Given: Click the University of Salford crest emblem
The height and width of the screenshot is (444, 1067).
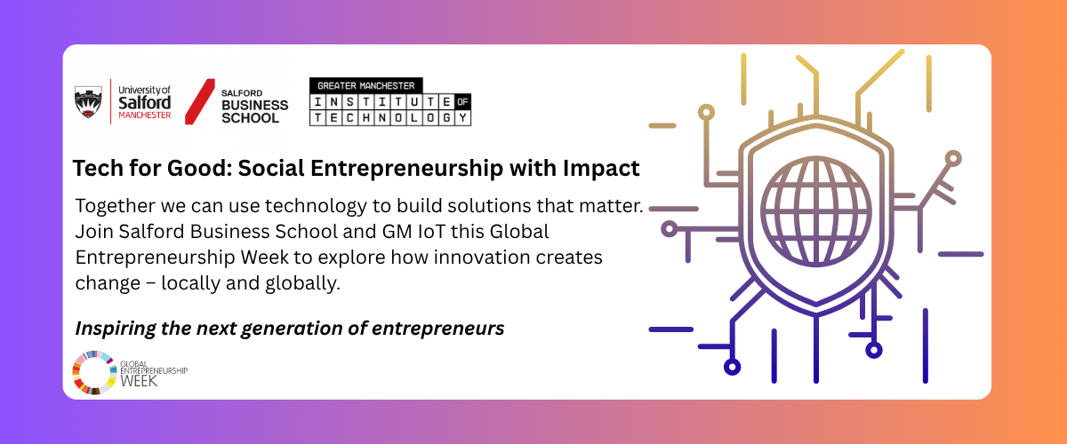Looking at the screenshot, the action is [88, 101].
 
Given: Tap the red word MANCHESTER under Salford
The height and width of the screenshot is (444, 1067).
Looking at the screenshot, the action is [145, 115].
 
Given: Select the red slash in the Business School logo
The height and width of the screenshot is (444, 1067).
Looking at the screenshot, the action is [199, 102].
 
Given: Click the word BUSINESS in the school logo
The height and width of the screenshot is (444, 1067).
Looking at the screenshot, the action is [255, 105].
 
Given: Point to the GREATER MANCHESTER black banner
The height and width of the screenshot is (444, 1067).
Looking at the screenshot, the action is [365, 85].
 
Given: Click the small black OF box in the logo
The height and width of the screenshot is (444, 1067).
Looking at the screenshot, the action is [462, 101].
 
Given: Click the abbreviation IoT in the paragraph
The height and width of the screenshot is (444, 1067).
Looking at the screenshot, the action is [431, 232].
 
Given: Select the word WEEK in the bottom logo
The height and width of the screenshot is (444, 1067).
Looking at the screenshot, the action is [139, 381].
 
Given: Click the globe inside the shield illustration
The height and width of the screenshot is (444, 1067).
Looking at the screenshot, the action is [816, 211].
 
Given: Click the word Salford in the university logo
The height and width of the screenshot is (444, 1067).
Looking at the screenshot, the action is [144, 103].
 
